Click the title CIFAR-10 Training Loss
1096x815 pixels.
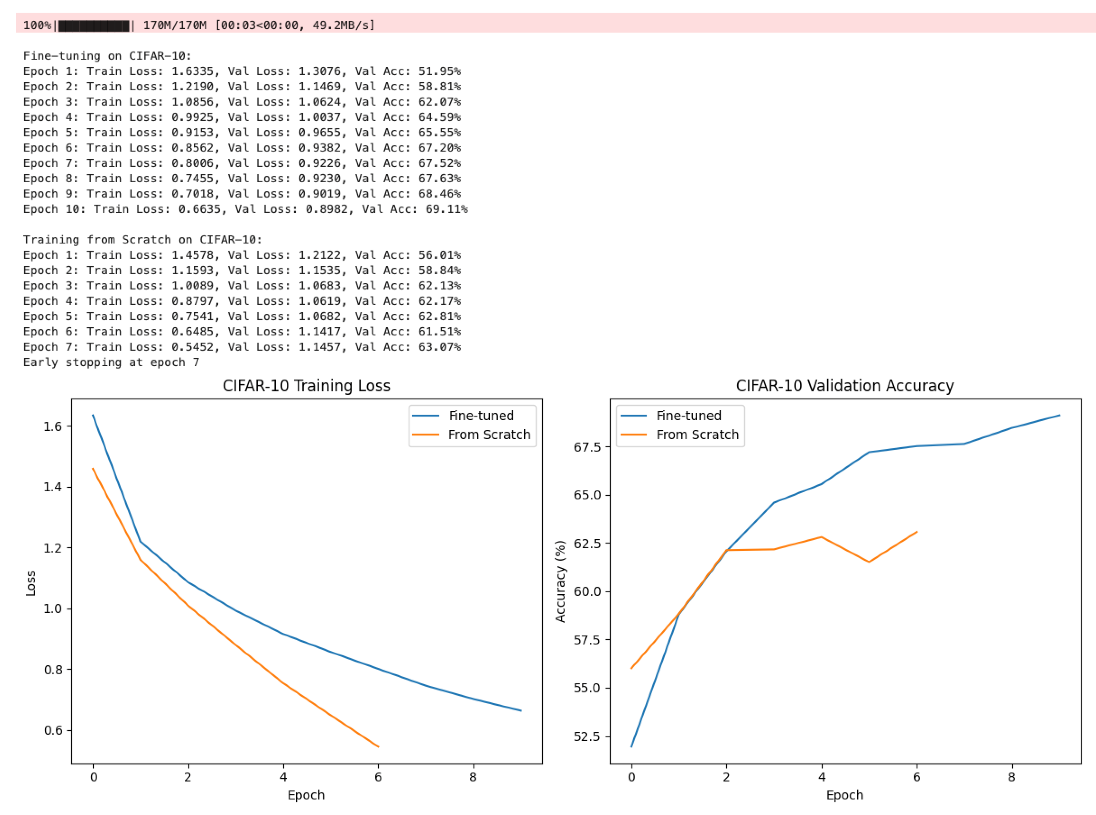coord(306,386)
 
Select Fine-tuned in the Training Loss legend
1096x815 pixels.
coord(480,416)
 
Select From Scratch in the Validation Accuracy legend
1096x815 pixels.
coord(697,435)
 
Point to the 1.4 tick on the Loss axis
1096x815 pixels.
coord(52,487)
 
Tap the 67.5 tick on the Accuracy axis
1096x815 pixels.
coord(587,447)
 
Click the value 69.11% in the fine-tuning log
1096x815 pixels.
coord(446,209)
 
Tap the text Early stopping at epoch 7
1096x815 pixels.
coord(111,363)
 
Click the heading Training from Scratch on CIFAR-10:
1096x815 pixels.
coord(142,240)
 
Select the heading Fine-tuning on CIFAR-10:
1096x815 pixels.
coord(107,56)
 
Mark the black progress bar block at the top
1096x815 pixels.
coord(94,26)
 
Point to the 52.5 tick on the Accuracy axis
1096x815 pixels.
coord(587,737)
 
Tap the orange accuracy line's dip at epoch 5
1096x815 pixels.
coord(869,562)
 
